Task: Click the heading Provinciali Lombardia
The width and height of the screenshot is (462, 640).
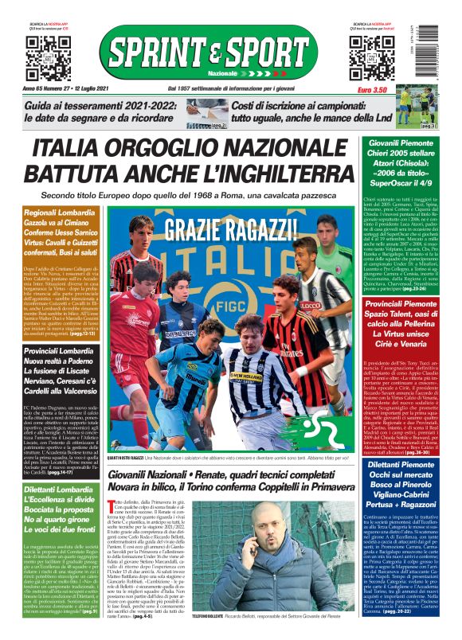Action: point(56,352)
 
